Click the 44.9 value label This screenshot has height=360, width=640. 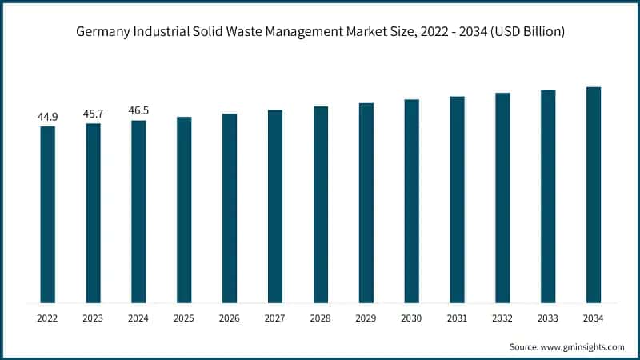(48, 117)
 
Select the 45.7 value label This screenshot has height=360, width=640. (94, 114)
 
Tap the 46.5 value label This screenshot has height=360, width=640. (138, 111)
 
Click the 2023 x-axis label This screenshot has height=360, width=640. (94, 318)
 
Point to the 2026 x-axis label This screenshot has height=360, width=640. (230, 318)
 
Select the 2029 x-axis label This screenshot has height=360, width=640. (366, 318)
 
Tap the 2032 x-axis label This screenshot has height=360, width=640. (502, 318)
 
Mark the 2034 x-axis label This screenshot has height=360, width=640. (594, 318)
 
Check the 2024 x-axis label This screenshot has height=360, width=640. (138, 318)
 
